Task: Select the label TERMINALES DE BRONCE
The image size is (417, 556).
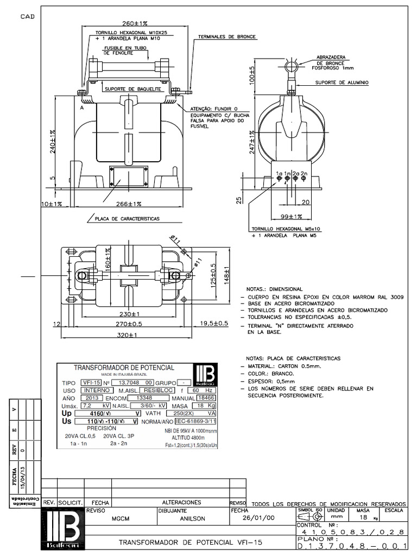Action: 227,37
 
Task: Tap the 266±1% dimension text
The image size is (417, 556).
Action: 129,204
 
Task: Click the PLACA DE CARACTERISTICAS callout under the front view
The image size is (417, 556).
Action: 127,219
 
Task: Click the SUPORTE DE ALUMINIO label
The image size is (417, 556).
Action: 342,83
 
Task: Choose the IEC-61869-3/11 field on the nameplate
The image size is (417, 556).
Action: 195,421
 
